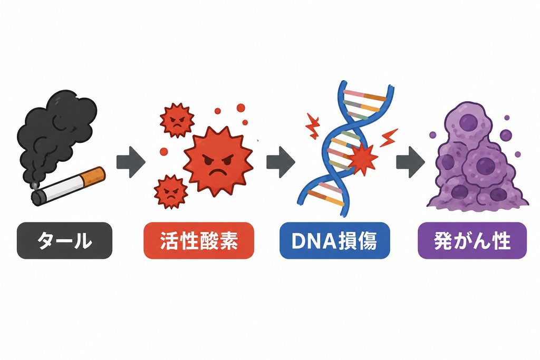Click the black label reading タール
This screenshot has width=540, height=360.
tap(64, 240)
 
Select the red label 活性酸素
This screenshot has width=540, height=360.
tap(199, 240)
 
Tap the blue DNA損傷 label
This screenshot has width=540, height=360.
tap(335, 240)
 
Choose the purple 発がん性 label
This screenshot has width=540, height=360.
tap(472, 240)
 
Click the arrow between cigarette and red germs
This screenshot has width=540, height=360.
tap(131, 162)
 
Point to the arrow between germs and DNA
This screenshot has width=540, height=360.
tap(281, 162)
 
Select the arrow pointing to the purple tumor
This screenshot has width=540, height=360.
tap(410, 162)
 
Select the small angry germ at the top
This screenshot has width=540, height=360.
tap(177, 120)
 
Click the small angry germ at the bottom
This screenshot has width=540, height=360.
tap(171, 192)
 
